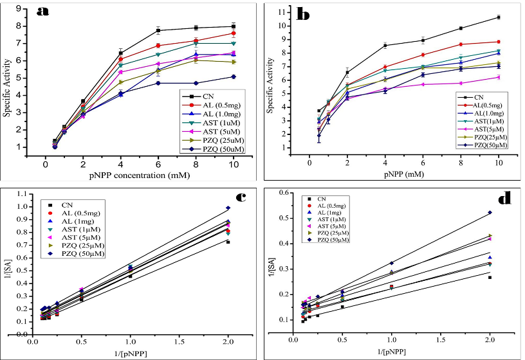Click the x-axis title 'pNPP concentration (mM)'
click(x=138, y=173)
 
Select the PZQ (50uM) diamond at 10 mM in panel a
click(x=233, y=76)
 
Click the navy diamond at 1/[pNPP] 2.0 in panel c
click(x=228, y=208)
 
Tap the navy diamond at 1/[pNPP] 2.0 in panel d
click(x=490, y=212)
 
